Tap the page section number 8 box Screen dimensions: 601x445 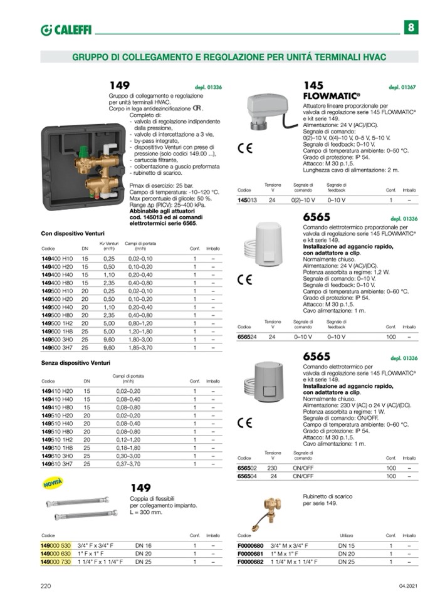[411, 28]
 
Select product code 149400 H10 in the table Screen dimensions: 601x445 [57, 258]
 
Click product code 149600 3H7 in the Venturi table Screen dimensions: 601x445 [57, 347]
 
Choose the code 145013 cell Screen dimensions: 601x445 [247, 200]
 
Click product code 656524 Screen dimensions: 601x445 [247, 337]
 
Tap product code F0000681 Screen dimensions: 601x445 [251, 554]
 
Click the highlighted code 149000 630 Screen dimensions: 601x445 [56, 554]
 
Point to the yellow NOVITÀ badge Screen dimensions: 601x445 [55, 483]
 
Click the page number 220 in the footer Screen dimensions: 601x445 [46, 585]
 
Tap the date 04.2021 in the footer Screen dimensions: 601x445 [407, 585]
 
